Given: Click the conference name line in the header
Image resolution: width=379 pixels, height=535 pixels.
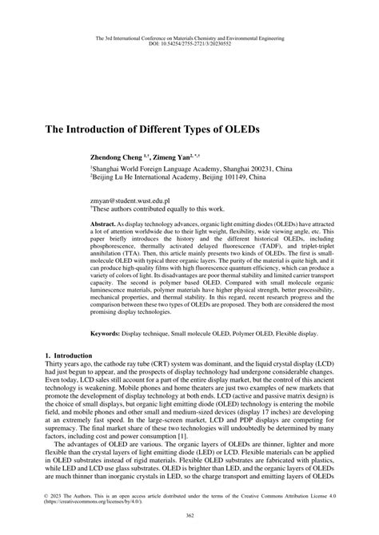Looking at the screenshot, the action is [189, 37].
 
